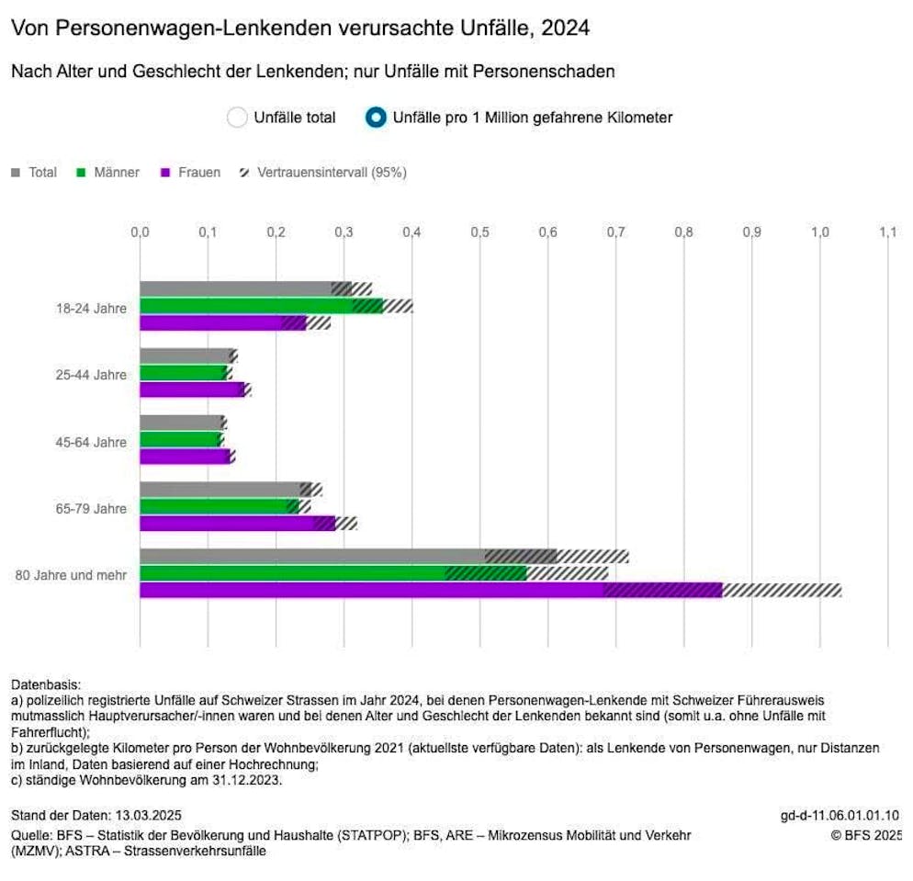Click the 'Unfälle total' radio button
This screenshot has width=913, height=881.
(237, 118)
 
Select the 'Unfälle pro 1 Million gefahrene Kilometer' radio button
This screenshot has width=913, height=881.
(376, 118)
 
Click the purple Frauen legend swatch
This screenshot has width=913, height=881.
(167, 173)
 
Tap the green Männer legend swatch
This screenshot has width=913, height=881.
(81, 173)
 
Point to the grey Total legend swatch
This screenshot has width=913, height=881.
(16, 173)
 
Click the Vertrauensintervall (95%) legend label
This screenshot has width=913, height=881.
(332, 173)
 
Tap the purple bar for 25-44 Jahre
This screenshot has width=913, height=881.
(191, 390)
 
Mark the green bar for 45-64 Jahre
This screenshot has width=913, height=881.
(179, 440)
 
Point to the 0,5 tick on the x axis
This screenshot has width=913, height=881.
(479, 232)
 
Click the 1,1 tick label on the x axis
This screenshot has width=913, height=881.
(887, 232)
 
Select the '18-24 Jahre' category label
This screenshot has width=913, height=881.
(90, 308)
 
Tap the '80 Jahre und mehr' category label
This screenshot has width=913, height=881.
(71, 575)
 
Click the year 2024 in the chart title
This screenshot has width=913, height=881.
(566, 28)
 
